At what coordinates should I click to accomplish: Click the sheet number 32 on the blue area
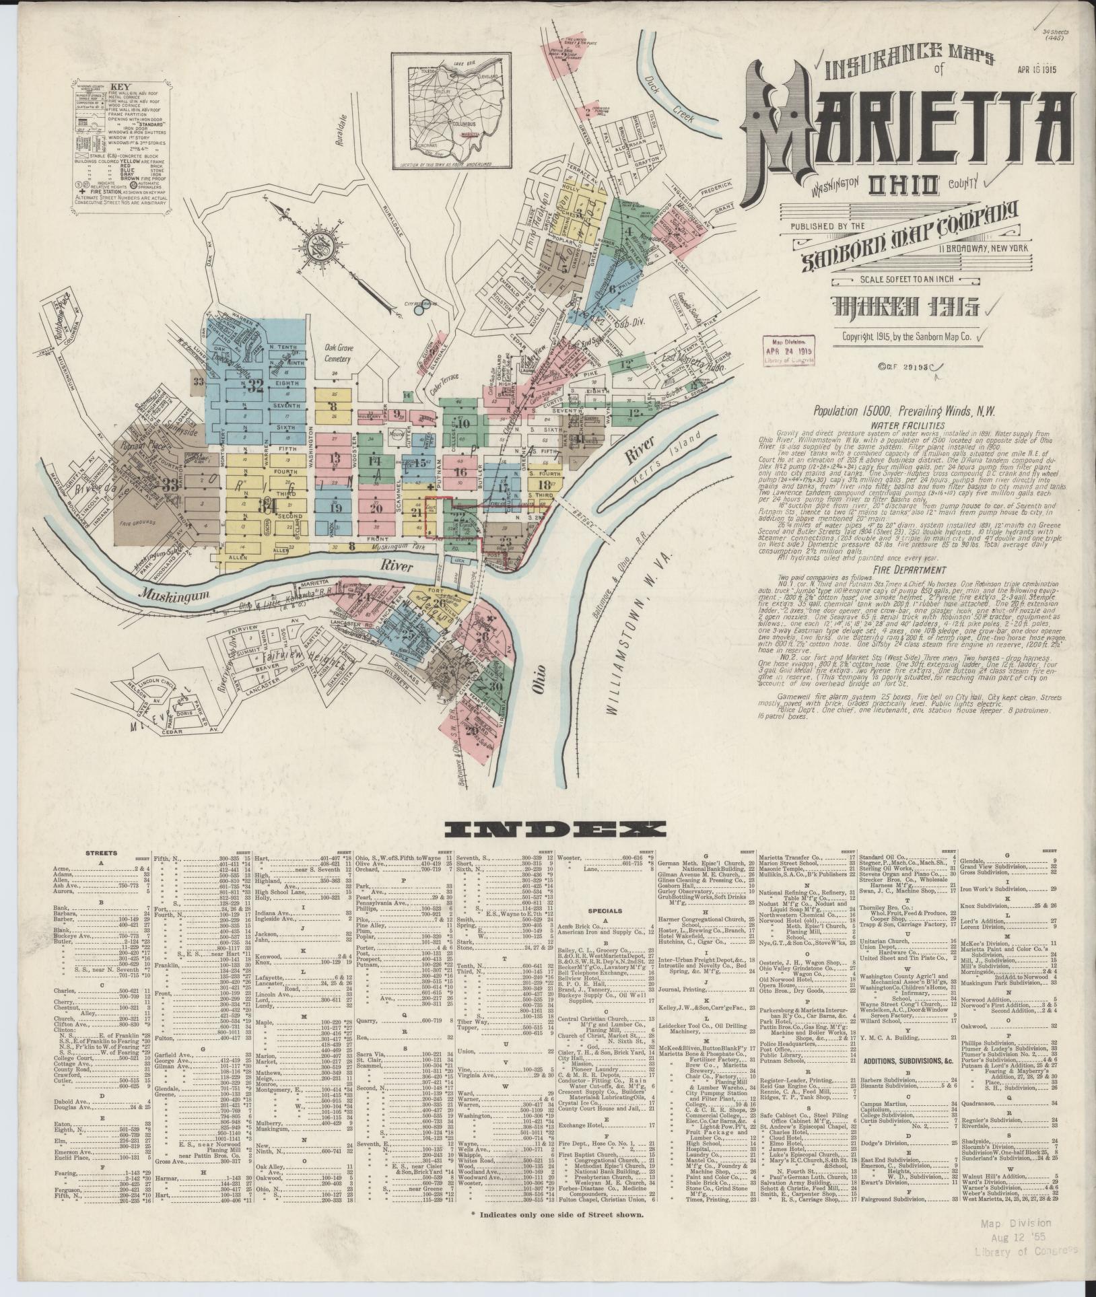click(x=254, y=386)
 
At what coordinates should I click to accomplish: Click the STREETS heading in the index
click(x=100, y=853)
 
